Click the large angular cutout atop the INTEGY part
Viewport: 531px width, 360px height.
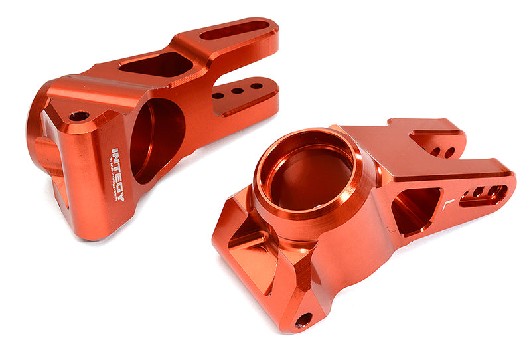tap(156, 64)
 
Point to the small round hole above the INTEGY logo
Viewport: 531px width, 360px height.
tap(79, 116)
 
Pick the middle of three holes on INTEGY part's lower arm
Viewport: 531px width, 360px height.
tap(236, 91)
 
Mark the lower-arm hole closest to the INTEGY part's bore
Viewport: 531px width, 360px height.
tap(218, 96)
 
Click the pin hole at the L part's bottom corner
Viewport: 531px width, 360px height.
tap(303, 320)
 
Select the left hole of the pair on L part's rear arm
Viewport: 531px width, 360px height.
tap(435, 151)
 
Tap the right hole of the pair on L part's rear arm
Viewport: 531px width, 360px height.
tap(449, 153)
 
